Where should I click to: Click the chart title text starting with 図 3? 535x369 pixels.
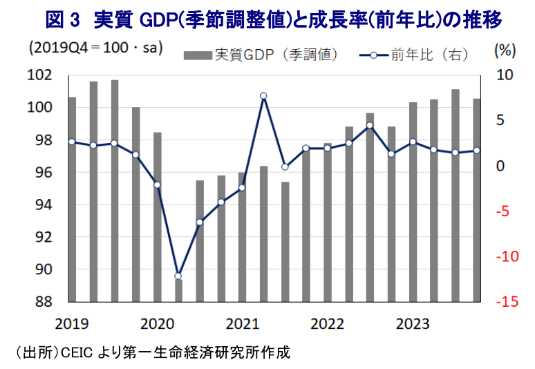274,20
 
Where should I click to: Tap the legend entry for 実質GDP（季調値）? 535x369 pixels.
261,55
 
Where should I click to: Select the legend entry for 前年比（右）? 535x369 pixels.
414,55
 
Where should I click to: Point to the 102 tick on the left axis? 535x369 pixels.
39,75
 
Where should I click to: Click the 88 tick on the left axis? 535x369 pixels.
44,301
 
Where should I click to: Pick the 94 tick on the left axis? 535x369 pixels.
44,205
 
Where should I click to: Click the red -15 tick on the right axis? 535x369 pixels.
507,301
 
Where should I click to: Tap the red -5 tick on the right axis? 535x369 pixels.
503,211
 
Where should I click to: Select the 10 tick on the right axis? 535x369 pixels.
505,75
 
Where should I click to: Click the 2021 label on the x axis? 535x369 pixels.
242,323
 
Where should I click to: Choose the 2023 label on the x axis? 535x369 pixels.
413,323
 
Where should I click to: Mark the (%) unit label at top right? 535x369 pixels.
505,50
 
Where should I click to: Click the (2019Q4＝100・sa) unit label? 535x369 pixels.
96,48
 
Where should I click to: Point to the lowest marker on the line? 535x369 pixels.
178,276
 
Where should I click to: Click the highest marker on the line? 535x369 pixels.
263,96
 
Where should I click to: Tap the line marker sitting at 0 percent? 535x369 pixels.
285,167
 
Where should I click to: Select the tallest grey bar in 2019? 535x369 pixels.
115,191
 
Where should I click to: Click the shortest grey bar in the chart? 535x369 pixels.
179,291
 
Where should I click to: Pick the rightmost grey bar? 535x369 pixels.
477,200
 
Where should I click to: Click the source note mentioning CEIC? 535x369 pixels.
153,352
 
